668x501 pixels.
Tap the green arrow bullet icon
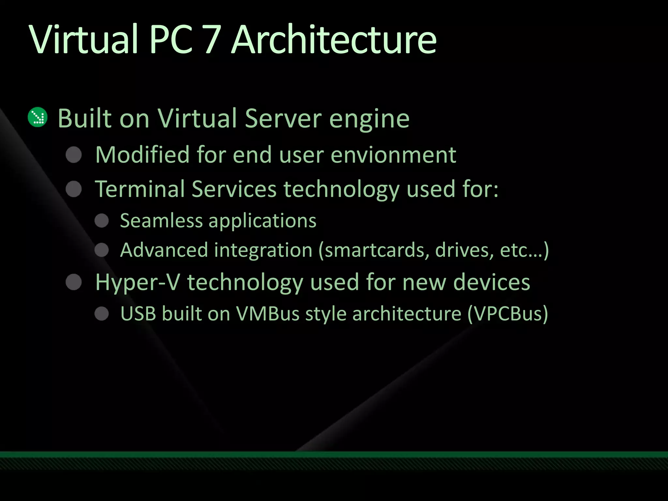point(38,117)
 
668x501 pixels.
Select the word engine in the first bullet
point(369,119)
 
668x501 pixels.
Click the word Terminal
point(140,189)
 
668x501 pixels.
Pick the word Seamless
point(161,221)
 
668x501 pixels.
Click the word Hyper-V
point(137,282)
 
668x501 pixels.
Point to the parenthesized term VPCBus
point(508,314)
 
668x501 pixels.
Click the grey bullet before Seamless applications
point(101,221)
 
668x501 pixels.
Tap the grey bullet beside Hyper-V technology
point(74,282)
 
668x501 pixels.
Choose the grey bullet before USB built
point(101,314)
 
